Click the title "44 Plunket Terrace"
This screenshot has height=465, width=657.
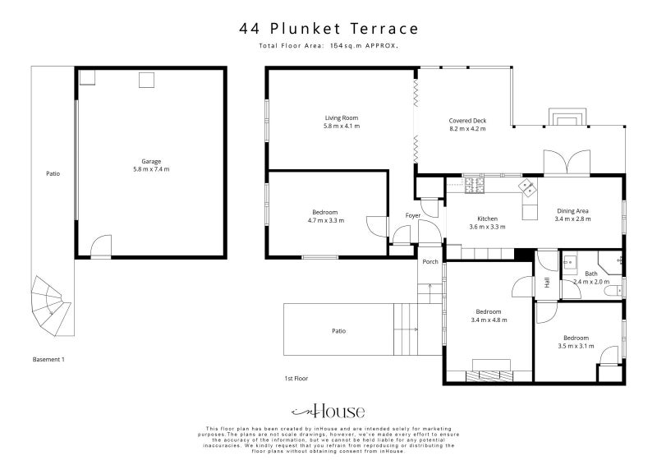328,29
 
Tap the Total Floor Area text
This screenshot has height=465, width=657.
328,46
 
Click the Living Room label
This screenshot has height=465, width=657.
341,118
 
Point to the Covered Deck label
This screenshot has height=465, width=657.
467,121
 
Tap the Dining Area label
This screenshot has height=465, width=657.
572,211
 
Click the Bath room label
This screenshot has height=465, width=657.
590,273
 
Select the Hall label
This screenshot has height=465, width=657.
547,283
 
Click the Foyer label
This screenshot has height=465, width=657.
413,215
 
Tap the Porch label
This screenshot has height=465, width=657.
430,263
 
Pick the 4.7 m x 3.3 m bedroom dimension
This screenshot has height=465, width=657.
325,221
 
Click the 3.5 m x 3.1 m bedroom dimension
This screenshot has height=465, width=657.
576,346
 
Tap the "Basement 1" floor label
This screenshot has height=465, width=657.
48,360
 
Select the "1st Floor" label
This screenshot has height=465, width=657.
296,378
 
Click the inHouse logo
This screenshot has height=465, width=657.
328,412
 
